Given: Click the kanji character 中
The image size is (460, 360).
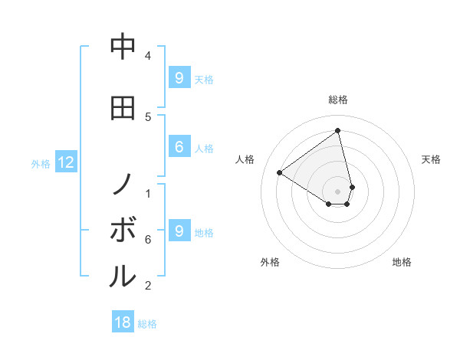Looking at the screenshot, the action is [123, 47].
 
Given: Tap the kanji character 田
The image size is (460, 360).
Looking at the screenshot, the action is [123, 108].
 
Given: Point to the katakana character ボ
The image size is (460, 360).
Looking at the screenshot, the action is [123, 230].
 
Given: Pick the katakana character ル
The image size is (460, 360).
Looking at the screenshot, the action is [123, 276].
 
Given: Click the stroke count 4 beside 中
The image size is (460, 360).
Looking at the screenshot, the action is [148, 56].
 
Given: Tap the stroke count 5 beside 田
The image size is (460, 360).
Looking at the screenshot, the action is [148, 116].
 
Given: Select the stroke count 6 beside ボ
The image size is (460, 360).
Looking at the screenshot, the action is [148, 240].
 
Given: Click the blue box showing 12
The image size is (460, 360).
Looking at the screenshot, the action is [65, 162].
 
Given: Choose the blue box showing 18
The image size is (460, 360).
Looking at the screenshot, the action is [123, 322].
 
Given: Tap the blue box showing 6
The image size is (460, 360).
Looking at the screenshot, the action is [179, 148].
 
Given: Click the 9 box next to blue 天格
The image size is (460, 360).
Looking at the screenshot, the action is [179, 78].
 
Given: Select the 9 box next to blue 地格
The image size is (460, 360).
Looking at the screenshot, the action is [179, 231].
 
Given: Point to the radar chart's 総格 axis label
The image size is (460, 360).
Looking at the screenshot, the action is [338, 100].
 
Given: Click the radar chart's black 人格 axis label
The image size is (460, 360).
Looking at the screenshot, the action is [245, 159].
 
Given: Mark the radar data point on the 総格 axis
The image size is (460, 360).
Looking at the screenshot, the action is [338, 130].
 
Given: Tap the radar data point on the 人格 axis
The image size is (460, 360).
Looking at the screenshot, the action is [280, 172].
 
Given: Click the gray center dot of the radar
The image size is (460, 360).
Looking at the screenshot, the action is [338, 191].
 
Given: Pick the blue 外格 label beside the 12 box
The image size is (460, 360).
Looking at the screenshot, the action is [41, 163].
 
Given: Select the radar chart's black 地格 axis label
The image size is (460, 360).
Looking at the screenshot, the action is [402, 262].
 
